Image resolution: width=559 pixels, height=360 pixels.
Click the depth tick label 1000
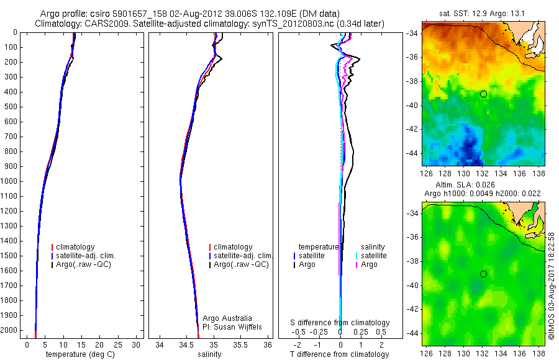11,181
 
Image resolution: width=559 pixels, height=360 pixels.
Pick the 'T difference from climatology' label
340,354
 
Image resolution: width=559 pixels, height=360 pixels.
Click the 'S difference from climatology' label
340,323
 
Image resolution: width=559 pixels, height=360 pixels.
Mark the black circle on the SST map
483,94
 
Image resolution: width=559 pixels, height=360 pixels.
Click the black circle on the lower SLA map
483,274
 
